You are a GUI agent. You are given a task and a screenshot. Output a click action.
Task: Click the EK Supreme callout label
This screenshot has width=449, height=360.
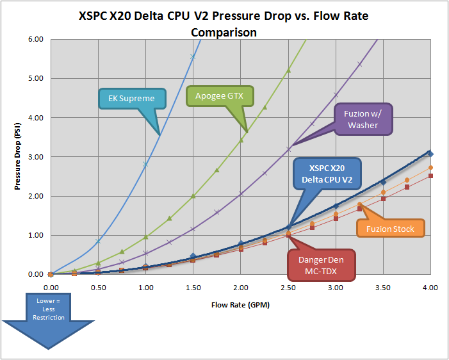pyautogui.click(x=131, y=99)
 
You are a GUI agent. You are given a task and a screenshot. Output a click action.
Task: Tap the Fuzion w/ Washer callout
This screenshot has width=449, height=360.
pyautogui.click(x=363, y=119)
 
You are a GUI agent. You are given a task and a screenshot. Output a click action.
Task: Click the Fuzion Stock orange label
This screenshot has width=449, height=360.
pyautogui.click(x=390, y=229)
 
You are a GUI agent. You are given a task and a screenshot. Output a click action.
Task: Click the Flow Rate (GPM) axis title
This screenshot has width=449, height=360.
pyautogui.click(x=240, y=305)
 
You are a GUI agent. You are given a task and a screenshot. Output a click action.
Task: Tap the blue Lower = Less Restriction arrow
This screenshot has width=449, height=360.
pyautogui.click(x=49, y=320)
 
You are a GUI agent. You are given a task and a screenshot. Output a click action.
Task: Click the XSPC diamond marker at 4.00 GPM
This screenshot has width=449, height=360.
pyautogui.click(x=430, y=154)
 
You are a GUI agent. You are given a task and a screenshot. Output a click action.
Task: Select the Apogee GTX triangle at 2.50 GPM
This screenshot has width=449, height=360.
pyautogui.click(x=288, y=70)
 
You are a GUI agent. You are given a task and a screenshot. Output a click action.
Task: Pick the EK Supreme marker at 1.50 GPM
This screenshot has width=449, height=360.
pyautogui.click(x=193, y=57)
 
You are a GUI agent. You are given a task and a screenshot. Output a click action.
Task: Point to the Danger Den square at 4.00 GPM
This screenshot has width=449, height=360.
pyautogui.click(x=430, y=176)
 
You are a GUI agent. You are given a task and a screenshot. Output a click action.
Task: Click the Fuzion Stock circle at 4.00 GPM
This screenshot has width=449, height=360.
pyautogui.click(x=430, y=168)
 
